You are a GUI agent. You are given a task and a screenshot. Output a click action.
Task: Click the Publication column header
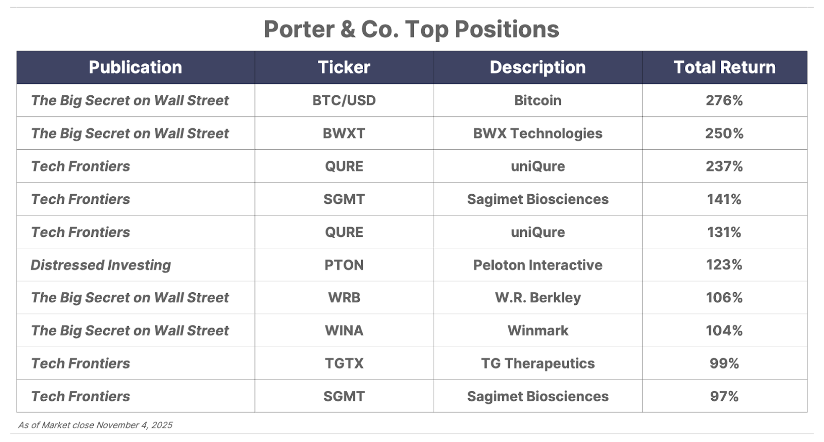[135, 67]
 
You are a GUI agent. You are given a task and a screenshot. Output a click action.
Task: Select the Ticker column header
[344, 67]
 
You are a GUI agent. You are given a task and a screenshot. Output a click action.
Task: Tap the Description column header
[538, 67]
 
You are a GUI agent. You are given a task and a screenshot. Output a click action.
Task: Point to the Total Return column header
[724, 67]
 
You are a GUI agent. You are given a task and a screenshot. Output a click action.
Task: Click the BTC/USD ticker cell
[344, 100]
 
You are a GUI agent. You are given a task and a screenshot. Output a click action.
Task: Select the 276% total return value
[724, 100]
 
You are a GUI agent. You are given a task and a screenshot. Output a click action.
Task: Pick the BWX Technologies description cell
[538, 133]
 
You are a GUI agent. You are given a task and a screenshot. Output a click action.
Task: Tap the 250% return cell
[724, 133]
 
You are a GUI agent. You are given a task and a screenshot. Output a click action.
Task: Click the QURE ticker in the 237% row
[344, 166]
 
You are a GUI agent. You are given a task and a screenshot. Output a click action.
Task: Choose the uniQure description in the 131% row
[538, 232]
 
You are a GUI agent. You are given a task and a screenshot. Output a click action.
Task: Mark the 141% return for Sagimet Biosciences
[724, 199]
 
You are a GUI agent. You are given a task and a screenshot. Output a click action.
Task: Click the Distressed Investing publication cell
[101, 265]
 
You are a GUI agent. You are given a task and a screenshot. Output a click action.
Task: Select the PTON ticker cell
[344, 265]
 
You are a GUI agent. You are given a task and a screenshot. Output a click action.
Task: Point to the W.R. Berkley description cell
[538, 298]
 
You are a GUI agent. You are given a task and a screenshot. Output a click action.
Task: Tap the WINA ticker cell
[344, 331]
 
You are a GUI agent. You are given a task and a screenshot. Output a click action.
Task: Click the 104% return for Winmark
[724, 331]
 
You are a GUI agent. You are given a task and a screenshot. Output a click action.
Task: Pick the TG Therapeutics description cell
[538, 364]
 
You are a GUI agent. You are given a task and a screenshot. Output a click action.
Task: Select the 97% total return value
[724, 396]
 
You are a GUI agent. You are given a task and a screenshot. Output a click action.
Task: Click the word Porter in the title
[299, 29]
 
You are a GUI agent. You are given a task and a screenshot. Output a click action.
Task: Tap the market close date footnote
[95, 425]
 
